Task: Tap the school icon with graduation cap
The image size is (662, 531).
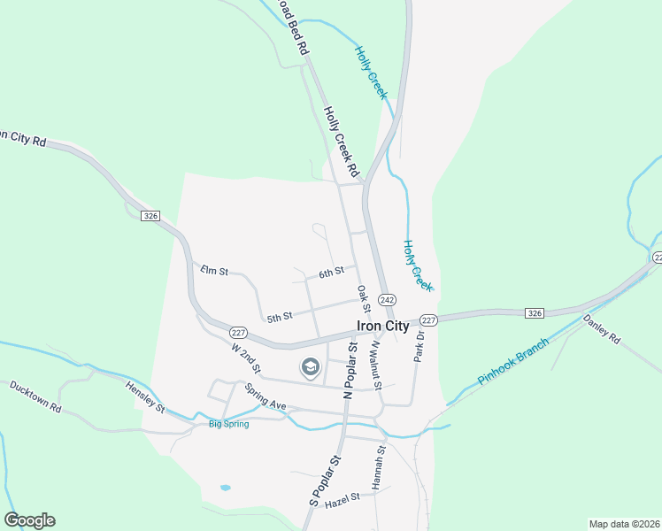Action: [x=310, y=366]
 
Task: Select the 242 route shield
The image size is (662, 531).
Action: [x=387, y=300]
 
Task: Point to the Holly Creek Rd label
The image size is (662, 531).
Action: [x=341, y=141]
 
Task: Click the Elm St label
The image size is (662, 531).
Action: [x=214, y=269]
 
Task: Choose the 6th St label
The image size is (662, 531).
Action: [x=331, y=273]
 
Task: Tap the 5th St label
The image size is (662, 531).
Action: [x=280, y=317]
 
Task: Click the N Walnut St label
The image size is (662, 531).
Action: [x=375, y=363]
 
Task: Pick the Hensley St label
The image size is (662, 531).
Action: [x=145, y=397]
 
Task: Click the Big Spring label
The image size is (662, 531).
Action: [x=228, y=424]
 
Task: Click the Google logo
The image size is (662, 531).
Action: [x=29, y=520]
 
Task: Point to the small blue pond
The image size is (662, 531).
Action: [x=226, y=488]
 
